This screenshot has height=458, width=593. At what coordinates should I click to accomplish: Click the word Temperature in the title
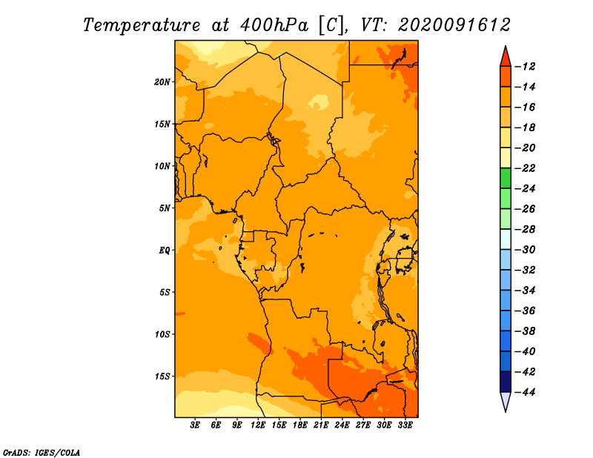[x=142, y=25]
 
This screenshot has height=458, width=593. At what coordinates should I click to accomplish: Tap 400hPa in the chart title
[x=274, y=25]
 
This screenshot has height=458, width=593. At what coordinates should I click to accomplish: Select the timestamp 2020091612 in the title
[x=454, y=25]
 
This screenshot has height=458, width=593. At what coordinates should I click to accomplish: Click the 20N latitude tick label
[x=162, y=82]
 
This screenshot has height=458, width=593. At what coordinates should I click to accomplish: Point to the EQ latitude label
[x=165, y=250]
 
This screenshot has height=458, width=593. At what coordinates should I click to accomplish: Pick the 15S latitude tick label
[x=162, y=376]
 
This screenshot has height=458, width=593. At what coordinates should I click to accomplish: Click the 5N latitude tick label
[x=165, y=208]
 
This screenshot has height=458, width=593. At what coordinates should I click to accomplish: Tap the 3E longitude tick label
[x=195, y=425]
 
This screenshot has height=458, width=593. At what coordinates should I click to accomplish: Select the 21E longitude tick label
[x=321, y=425]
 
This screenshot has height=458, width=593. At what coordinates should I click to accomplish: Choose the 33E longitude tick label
[x=405, y=425]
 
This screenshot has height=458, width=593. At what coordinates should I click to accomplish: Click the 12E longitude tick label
[x=257, y=425]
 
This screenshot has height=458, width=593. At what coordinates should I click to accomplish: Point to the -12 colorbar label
[x=525, y=67]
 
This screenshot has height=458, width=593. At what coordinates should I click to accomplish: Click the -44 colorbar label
[x=525, y=392]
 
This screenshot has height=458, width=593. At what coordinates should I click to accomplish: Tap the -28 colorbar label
[x=525, y=230]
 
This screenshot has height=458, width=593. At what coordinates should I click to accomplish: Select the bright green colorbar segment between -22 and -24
[x=506, y=178]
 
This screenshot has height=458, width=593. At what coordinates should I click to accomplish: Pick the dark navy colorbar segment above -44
[x=506, y=382]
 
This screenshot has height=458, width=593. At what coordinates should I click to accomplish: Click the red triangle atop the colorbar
[x=506, y=58]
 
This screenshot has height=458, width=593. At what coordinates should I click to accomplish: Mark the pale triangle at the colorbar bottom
[x=506, y=401]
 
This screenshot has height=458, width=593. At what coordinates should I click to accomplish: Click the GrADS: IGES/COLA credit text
[x=42, y=453]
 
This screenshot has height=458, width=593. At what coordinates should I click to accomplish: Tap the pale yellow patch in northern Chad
[x=319, y=102]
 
